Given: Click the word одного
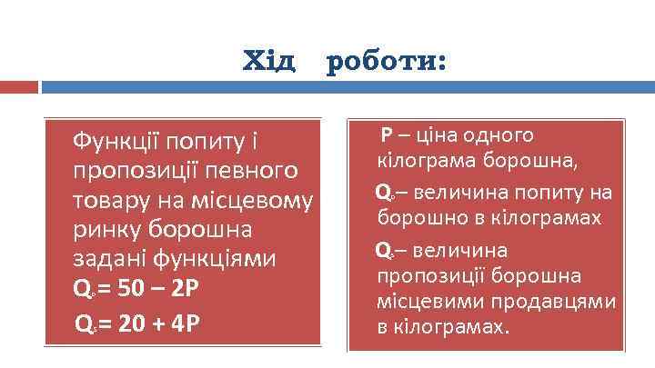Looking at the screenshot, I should point(499,135).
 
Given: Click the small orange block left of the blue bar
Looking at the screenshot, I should point(18,87).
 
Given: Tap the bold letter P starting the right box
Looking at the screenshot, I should point(387,135).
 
